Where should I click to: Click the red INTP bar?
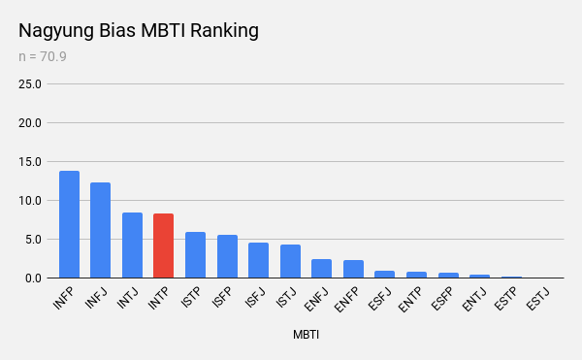163,245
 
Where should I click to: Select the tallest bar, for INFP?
70,224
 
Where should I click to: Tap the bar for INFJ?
100,230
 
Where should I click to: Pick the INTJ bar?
132,245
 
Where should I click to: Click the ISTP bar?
195,255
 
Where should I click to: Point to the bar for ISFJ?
258,260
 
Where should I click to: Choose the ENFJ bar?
321,269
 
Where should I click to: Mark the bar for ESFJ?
384,275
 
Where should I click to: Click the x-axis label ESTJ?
537,299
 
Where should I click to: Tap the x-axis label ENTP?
410,300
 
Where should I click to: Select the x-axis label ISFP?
222,298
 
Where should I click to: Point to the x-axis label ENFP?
346,300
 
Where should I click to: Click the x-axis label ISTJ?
286,298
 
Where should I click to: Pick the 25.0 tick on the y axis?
30,84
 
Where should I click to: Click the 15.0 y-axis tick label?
30,162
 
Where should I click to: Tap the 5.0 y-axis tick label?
33,240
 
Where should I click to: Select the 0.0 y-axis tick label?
33,278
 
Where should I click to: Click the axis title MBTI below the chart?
306,335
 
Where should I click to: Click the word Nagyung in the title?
56,31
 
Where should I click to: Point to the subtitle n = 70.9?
43,57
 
